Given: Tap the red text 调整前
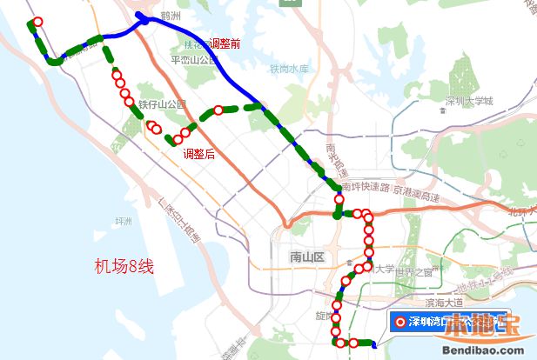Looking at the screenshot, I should (x=222, y=43).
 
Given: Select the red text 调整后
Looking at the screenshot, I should (x=199, y=154).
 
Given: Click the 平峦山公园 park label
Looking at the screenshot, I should (x=193, y=60).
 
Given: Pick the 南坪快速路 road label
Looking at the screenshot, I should (x=365, y=187).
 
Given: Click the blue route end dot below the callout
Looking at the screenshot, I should (x=374, y=345).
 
